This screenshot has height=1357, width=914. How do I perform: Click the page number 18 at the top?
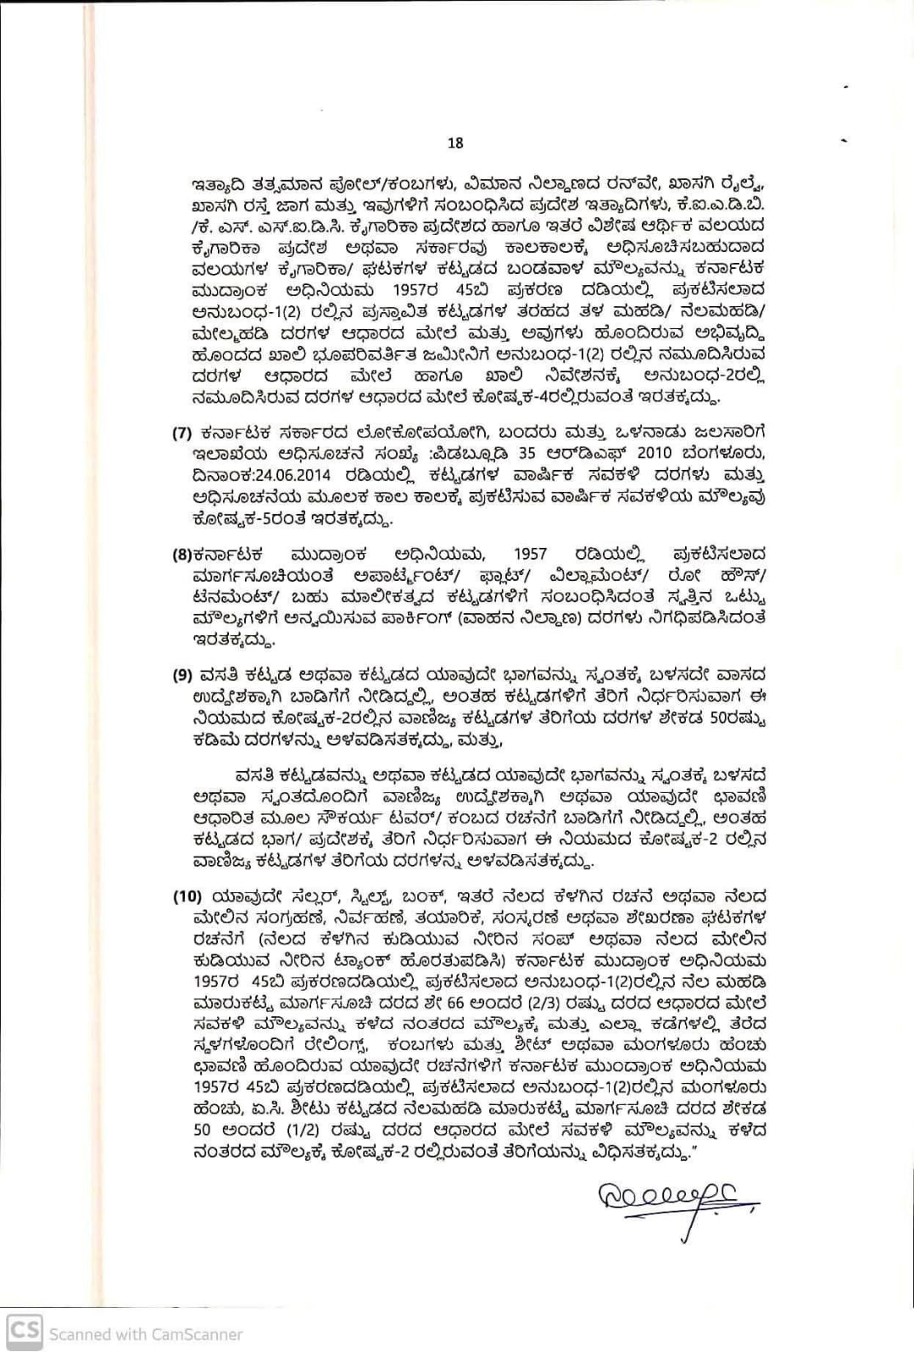click(x=455, y=143)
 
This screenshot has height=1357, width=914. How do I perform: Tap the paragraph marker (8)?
click(x=181, y=555)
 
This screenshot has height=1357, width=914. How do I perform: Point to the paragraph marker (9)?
click(x=181, y=676)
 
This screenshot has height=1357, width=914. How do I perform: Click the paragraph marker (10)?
click(x=187, y=896)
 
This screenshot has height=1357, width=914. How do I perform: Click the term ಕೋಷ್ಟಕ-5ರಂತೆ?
click(x=246, y=517)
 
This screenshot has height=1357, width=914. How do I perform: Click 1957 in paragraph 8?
click(x=530, y=555)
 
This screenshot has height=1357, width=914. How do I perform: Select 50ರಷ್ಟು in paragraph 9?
click(x=737, y=718)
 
